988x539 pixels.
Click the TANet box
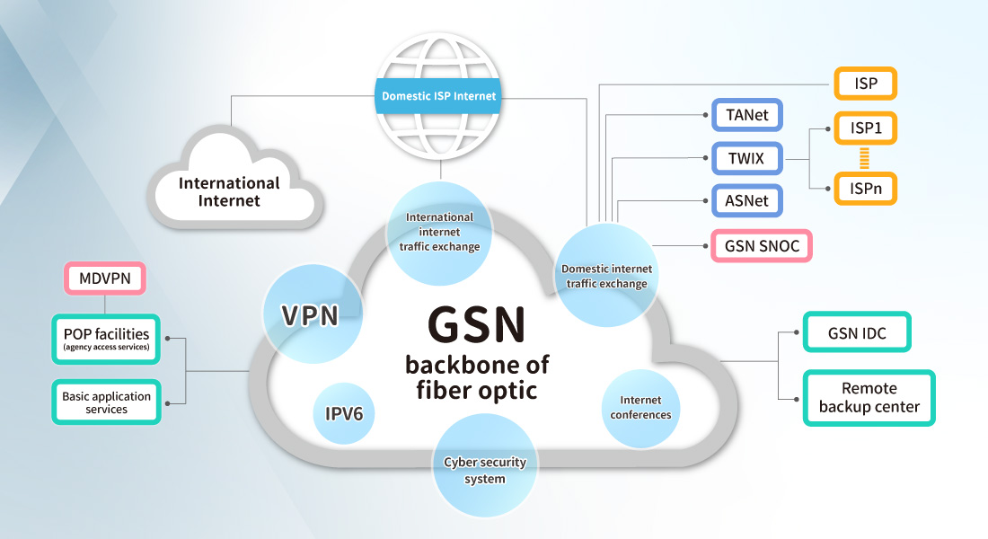(747, 116)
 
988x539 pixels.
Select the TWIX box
(747, 160)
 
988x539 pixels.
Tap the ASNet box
(747, 200)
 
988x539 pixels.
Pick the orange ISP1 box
(865, 128)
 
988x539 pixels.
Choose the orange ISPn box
(865, 189)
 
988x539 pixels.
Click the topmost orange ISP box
(865, 84)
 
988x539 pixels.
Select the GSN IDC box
(857, 333)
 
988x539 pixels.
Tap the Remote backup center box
(869, 398)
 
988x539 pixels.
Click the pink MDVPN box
(105, 278)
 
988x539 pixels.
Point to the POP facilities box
(106, 340)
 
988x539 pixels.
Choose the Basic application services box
(106, 402)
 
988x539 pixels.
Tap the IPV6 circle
(344, 414)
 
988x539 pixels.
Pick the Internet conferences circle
(640, 408)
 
